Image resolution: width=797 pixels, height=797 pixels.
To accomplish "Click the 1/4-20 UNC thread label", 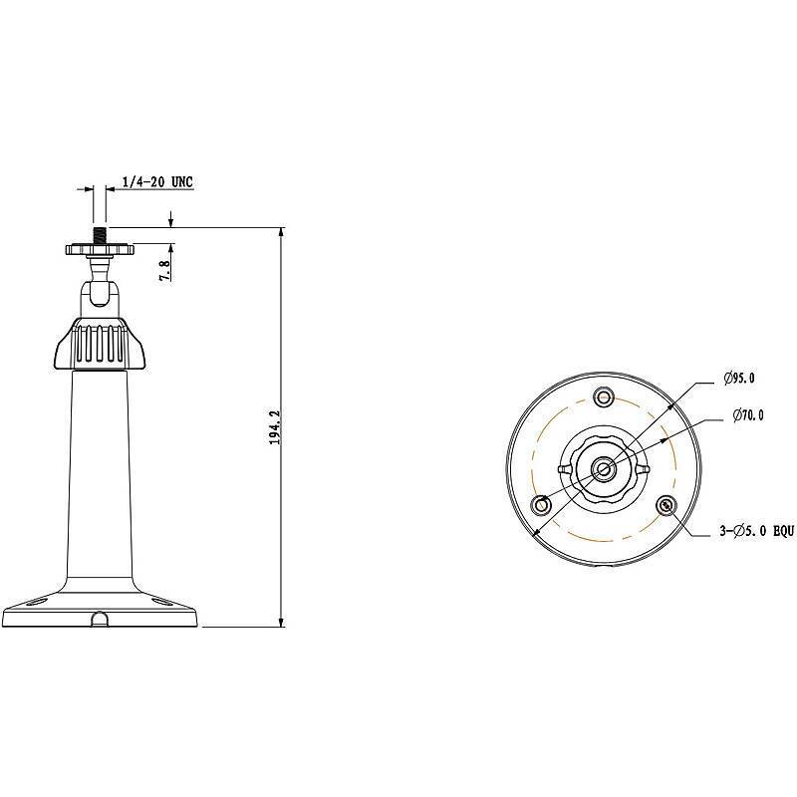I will tap(156, 182).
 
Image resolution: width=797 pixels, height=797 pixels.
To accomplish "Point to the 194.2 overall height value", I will tap(274, 425).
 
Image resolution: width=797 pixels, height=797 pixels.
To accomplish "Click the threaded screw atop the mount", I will tap(100, 235).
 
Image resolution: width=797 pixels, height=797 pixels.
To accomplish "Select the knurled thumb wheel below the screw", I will tap(100, 249).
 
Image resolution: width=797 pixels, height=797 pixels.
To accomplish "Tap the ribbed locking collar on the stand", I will tap(100, 343).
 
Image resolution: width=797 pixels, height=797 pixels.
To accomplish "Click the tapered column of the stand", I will tap(100, 468).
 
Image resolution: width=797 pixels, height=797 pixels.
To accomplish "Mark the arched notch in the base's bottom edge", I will tap(100, 620).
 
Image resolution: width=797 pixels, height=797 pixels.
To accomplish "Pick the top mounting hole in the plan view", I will tap(603, 398).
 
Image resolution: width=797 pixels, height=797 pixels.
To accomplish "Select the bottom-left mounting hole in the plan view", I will tap(542, 505).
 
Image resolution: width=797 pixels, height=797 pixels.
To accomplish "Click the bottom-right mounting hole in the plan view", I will tap(666, 505).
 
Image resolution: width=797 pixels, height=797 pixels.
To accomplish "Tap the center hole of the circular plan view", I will tap(604, 468).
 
